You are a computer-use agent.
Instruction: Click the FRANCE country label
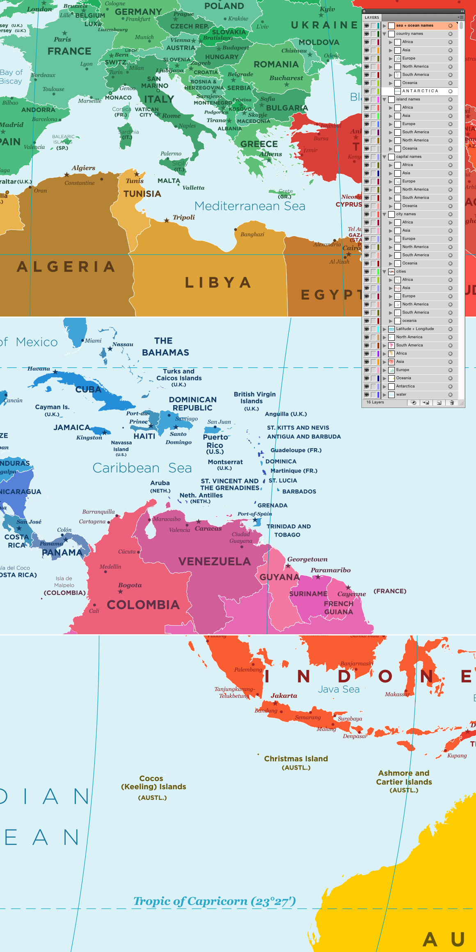tap(69, 52)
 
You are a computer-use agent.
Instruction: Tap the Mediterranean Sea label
tap(249, 206)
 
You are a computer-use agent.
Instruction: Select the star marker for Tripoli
tap(167, 221)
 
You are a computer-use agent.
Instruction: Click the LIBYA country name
tap(218, 282)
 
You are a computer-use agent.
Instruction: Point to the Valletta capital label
tap(193, 188)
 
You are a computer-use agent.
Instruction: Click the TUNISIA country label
tap(142, 194)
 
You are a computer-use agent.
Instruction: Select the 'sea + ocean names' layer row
tap(414, 25)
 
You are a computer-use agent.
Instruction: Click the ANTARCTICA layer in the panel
tap(420, 91)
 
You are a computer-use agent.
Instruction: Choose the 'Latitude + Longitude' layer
tap(414, 329)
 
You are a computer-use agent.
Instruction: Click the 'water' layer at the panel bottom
tap(401, 394)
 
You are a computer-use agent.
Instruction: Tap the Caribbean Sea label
tap(142, 468)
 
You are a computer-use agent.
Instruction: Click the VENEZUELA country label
tap(214, 562)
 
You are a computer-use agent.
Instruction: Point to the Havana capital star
tap(55, 372)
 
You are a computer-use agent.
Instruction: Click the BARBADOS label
tap(299, 492)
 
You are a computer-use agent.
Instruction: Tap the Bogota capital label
tap(130, 585)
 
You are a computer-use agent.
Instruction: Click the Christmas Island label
tap(296, 759)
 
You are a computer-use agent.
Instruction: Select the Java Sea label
tap(339, 690)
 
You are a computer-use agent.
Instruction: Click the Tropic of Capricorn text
tap(214, 901)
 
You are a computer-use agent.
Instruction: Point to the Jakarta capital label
tap(284, 696)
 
